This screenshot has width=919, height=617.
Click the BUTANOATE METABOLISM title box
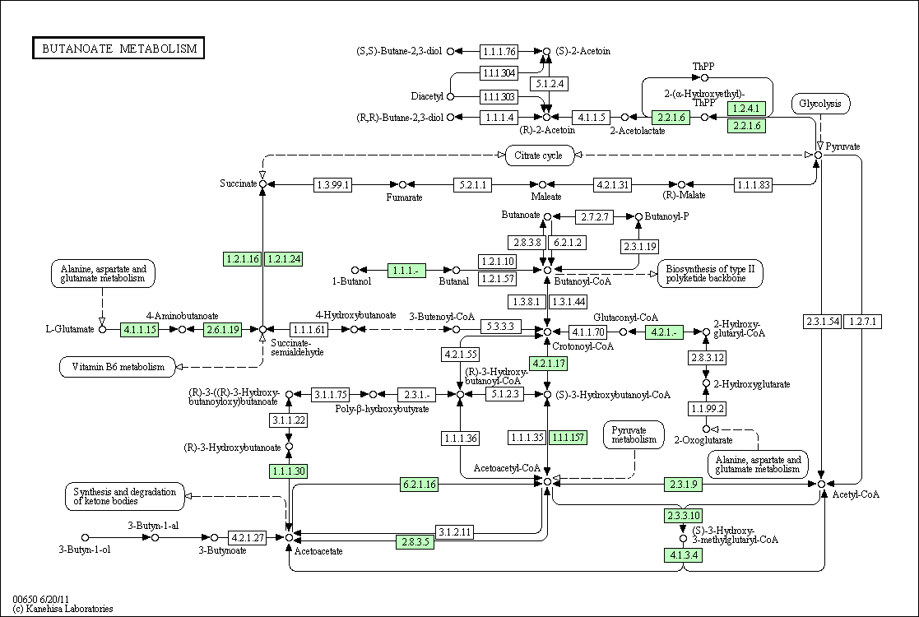coord(118,48)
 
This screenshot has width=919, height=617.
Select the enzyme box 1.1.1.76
coord(499,52)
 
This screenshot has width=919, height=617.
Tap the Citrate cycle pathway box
coord(538,155)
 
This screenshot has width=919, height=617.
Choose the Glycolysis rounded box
coord(820,104)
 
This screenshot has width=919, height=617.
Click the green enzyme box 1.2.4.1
coord(746,109)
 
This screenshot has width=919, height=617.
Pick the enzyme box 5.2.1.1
coord(472,184)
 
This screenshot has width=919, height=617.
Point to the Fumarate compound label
coord(404,197)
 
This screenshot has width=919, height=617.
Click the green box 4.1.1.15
coord(140,329)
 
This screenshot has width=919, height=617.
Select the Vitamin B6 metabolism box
coord(118,367)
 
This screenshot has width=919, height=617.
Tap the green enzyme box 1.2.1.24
coord(284,258)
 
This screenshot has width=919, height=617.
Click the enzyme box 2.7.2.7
coord(594,217)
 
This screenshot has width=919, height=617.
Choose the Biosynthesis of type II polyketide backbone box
coord(710,274)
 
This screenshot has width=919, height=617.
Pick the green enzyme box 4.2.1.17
coord(548,364)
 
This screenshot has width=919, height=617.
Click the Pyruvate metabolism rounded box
coord(634,434)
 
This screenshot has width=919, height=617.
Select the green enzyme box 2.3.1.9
coord(683,484)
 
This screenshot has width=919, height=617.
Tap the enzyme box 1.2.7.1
coord(863,321)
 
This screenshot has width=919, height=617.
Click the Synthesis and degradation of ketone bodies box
coord(124,496)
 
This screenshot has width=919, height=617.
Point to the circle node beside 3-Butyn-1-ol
coord(85,537)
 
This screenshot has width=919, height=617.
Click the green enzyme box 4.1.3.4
coord(683,554)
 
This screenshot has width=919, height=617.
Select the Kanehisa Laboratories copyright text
coord(63,609)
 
